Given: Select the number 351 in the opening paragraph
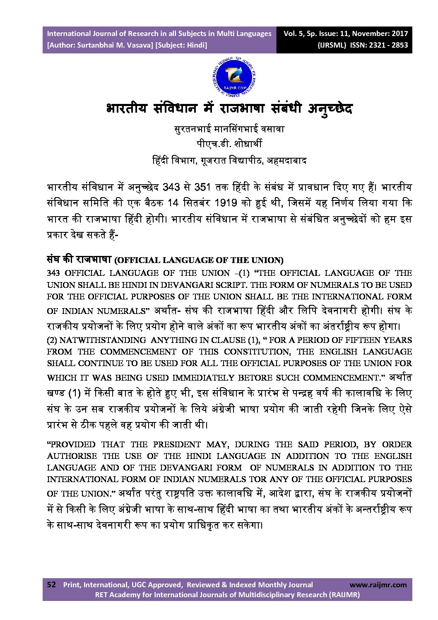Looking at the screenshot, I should [x=203, y=187].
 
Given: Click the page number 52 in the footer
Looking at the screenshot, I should [x=51, y=584].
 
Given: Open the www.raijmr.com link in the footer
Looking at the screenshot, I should [x=378, y=585].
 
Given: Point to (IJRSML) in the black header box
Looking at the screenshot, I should [x=332, y=45].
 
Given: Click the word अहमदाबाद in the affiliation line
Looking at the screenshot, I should [x=286, y=160].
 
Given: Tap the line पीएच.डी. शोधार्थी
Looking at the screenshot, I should [x=229, y=144].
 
